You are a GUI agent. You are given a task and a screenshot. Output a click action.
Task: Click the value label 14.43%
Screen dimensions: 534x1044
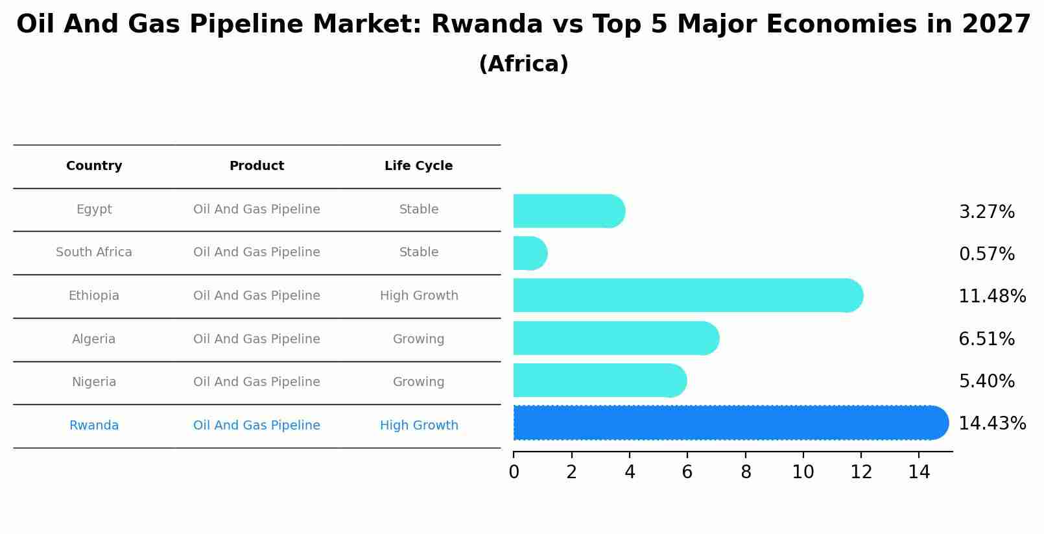(x=991, y=424)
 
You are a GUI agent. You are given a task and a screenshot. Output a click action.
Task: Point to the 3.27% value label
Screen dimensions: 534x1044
(x=986, y=212)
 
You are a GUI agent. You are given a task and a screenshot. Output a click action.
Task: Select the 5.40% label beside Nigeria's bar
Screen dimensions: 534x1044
(x=986, y=382)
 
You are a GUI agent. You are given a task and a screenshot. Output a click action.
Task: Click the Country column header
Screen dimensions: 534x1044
(x=94, y=166)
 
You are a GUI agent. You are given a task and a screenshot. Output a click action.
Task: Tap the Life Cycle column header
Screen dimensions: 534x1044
(x=418, y=166)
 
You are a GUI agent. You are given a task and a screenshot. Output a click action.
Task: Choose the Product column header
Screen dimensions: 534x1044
(x=257, y=166)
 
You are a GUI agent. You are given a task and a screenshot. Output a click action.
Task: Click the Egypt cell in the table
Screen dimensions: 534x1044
(x=94, y=210)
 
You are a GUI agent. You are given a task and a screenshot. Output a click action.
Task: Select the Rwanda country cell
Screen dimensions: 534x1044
(x=94, y=426)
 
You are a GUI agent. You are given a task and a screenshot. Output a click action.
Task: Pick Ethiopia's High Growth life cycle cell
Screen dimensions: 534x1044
(x=419, y=296)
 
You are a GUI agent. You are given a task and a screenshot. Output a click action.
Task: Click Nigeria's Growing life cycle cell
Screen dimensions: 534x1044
(x=418, y=382)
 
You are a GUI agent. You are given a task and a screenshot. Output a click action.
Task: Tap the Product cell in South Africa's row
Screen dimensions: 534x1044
(x=257, y=252)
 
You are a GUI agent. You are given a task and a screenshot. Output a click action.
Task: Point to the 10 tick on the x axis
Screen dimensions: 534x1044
(x=803, y=472)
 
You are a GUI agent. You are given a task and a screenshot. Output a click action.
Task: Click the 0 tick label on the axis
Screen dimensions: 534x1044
(x=514, y=472)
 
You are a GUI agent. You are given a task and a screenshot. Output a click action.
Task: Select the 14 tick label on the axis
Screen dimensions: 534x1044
(x=919, y=472)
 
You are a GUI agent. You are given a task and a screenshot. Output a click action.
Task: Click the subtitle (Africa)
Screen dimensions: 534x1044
(x=523, y=64)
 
